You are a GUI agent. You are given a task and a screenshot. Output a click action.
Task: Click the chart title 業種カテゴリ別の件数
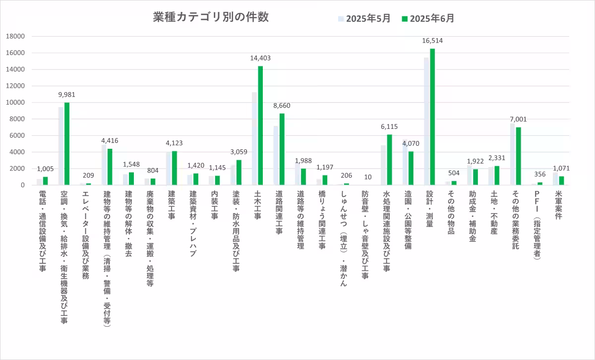pyautogui.click(x=211, y=17)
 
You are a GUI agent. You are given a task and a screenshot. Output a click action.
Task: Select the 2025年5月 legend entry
pyautogui.click(x=364, y=19)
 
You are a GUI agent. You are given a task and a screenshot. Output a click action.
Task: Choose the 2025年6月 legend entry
pyautogui.click(x=428, y=19)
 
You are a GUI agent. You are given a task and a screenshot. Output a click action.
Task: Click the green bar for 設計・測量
pyautogui.click(x=432, y=117)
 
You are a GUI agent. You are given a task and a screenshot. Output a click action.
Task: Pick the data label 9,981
pyautogui.click(x=67, y=95)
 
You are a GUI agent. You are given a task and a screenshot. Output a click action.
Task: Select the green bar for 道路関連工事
pyautogui.click(x=282, y=149)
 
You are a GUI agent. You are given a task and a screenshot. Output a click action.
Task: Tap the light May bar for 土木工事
pyautogui.click(x=254, y=139)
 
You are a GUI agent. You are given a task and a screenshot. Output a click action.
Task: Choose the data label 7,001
pyautogui.click(x=518, y=120)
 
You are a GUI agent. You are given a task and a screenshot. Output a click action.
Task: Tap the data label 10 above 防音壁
pyautogui.click(x=367, y=177)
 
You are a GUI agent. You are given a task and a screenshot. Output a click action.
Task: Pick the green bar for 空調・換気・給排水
pyautogui.click(x=67, y=144)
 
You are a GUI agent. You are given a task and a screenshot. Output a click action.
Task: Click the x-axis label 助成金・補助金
pyautogui.click(x=472, y=218)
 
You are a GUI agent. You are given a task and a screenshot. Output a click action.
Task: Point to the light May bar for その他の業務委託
pyautogui.click(x=512, y=154)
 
